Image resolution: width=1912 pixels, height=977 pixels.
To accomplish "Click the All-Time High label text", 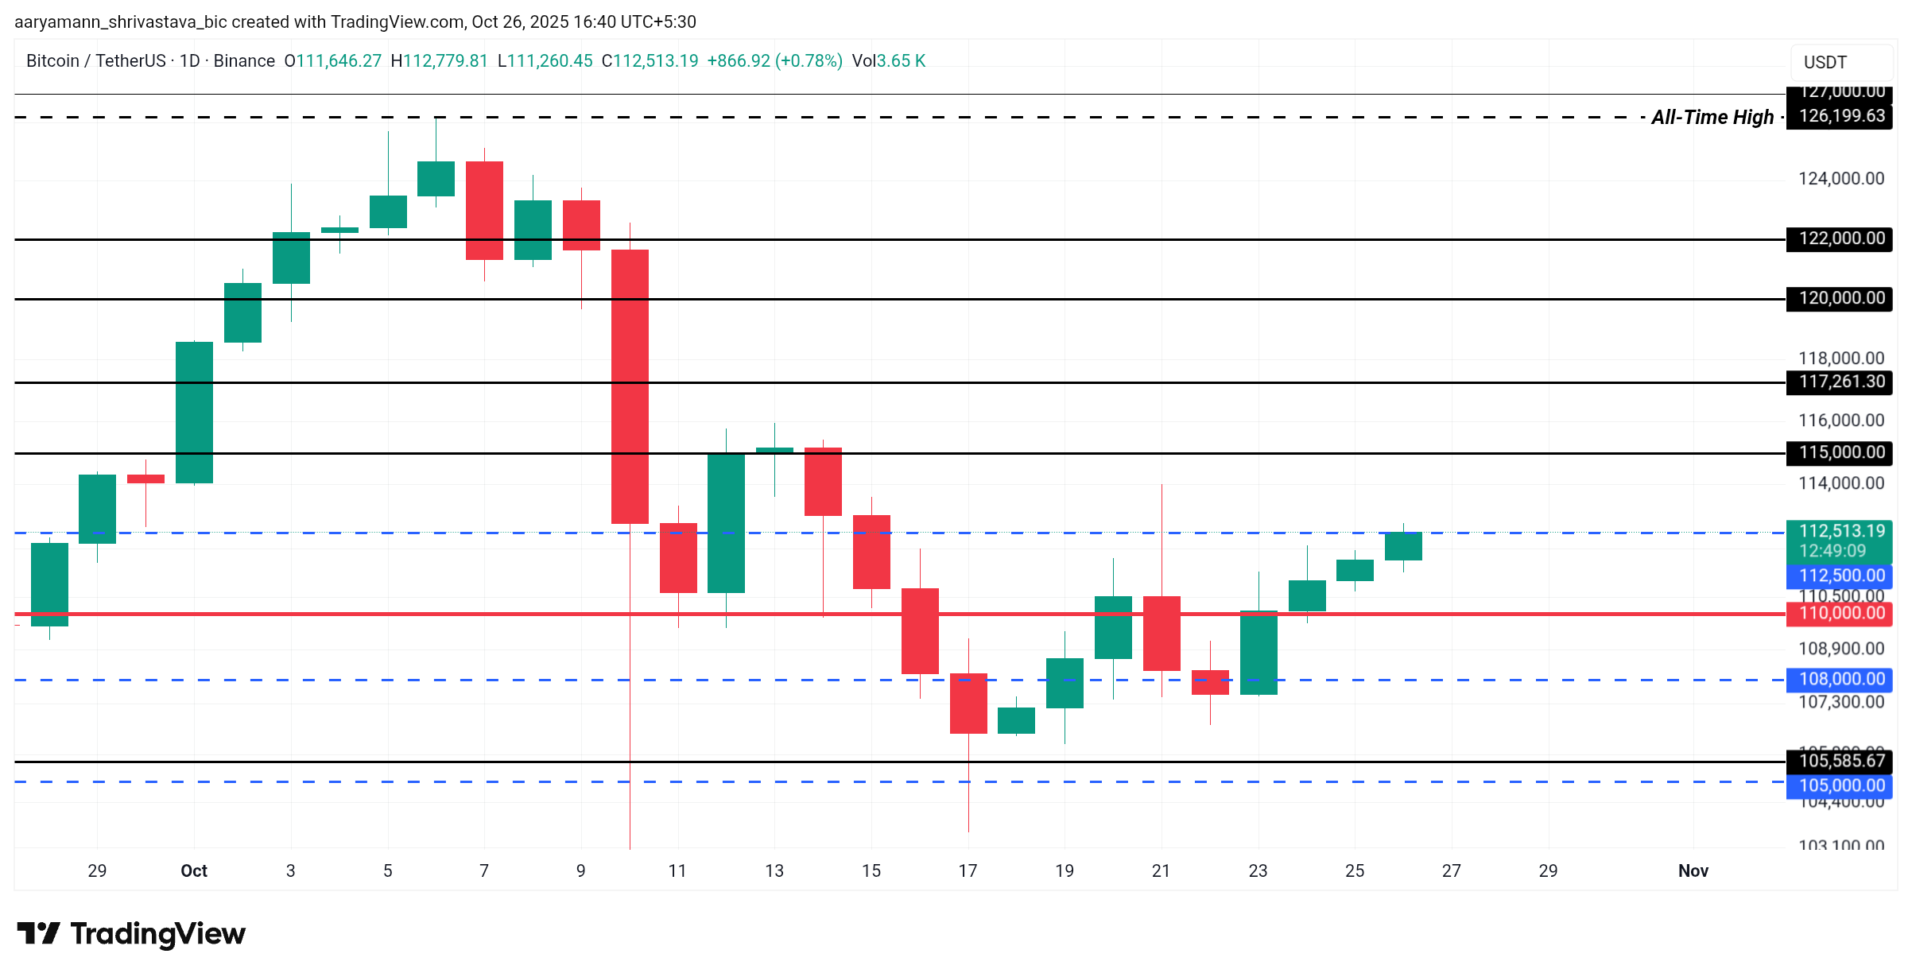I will click(x=1712, y=118).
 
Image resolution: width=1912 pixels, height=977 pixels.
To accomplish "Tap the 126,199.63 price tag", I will click(x=1840, y=116).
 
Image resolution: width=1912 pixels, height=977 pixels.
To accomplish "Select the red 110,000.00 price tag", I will click(x=1840, y=613).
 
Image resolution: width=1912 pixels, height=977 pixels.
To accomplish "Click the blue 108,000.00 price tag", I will click(x=1840, y=679).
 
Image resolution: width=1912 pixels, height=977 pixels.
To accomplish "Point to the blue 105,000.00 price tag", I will click(x=1840, y=785).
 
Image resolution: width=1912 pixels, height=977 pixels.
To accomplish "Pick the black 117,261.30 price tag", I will click(x=1840, y=382).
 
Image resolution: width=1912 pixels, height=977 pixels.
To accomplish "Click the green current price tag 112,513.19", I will click(x=1840, y=540).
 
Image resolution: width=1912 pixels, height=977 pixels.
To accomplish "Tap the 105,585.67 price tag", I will click(x=1840, y=761).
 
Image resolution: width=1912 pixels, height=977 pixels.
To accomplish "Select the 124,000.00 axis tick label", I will click(x=1840, y=179).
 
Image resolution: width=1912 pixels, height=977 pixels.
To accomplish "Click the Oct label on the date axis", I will click(x=194, y=870).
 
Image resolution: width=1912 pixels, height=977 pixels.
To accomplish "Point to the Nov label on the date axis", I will click(x=1693, y=870).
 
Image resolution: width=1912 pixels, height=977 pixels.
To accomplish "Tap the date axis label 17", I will click(x=968, y=870).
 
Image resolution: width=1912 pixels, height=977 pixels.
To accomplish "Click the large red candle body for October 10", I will click(x=630, y=386).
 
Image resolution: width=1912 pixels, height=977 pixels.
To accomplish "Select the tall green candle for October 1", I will click(x=194, y=412).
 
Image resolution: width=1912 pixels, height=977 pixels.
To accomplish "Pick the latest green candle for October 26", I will click(x=1403, y=546).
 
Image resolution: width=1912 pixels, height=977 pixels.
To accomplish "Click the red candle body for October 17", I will click(x=968, y=703).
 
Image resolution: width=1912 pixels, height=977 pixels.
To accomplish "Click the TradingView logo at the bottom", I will click(x=131, y=933).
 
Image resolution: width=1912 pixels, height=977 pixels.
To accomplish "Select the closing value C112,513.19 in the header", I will click(x=650, y=61).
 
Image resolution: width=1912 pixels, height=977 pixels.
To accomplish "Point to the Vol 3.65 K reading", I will click(x=889, y=61).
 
